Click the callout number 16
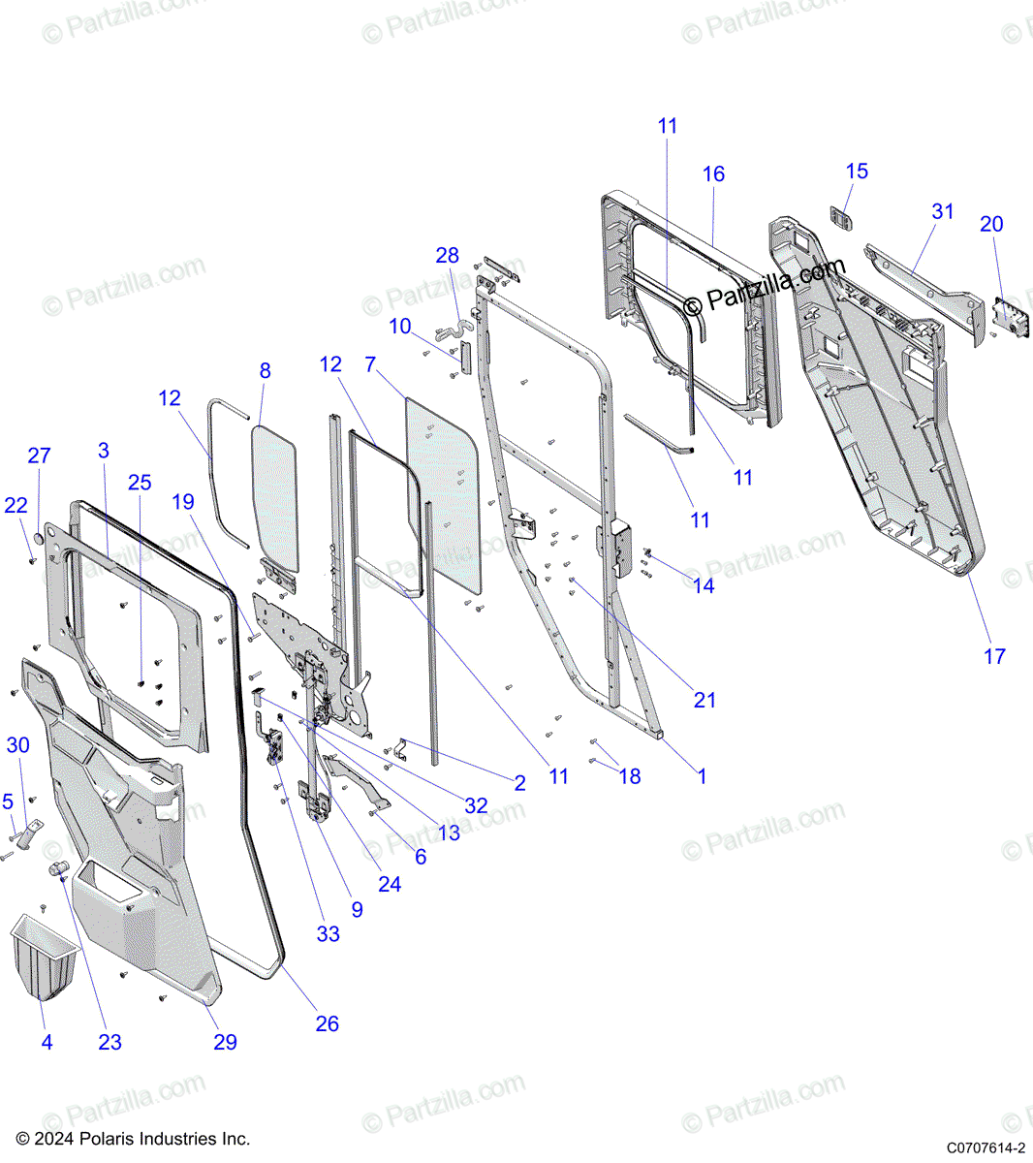coord(713,174)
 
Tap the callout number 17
coord(994,657)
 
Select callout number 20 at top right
coord(991,224)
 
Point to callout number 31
coord(943,211)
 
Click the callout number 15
coord(857,172)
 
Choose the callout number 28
coord(447,256)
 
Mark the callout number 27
coord(39,456)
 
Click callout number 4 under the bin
coord(47,1043)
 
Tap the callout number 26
coord(328,1024)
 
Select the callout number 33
coord(329,934)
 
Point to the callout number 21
coord(704,701)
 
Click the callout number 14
coord(704,586)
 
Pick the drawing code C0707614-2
coord(986,1147)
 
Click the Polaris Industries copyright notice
coord(134,1139)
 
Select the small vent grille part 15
coord(840,218)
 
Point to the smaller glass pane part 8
coord(275,494)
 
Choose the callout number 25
coord(140,483)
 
